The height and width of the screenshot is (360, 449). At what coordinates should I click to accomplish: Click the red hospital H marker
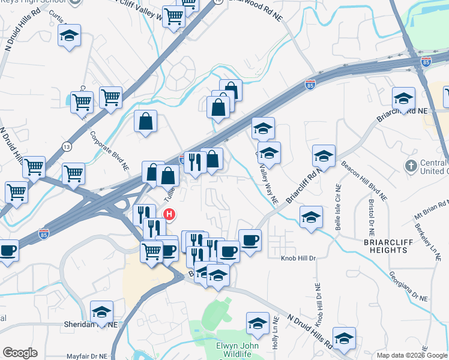pos(170,214)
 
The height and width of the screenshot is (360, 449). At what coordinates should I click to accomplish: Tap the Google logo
pos(20,353)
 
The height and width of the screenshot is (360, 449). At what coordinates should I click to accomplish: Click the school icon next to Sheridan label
pos(101,313)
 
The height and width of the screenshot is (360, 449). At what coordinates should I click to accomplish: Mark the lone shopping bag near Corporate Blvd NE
pos(145,122)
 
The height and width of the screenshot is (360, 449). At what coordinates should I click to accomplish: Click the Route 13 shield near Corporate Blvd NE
pos(65,146)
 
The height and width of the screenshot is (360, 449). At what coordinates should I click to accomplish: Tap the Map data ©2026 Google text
pos(412,355)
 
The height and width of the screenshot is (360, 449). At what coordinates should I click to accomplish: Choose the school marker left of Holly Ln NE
pos(257,323)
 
